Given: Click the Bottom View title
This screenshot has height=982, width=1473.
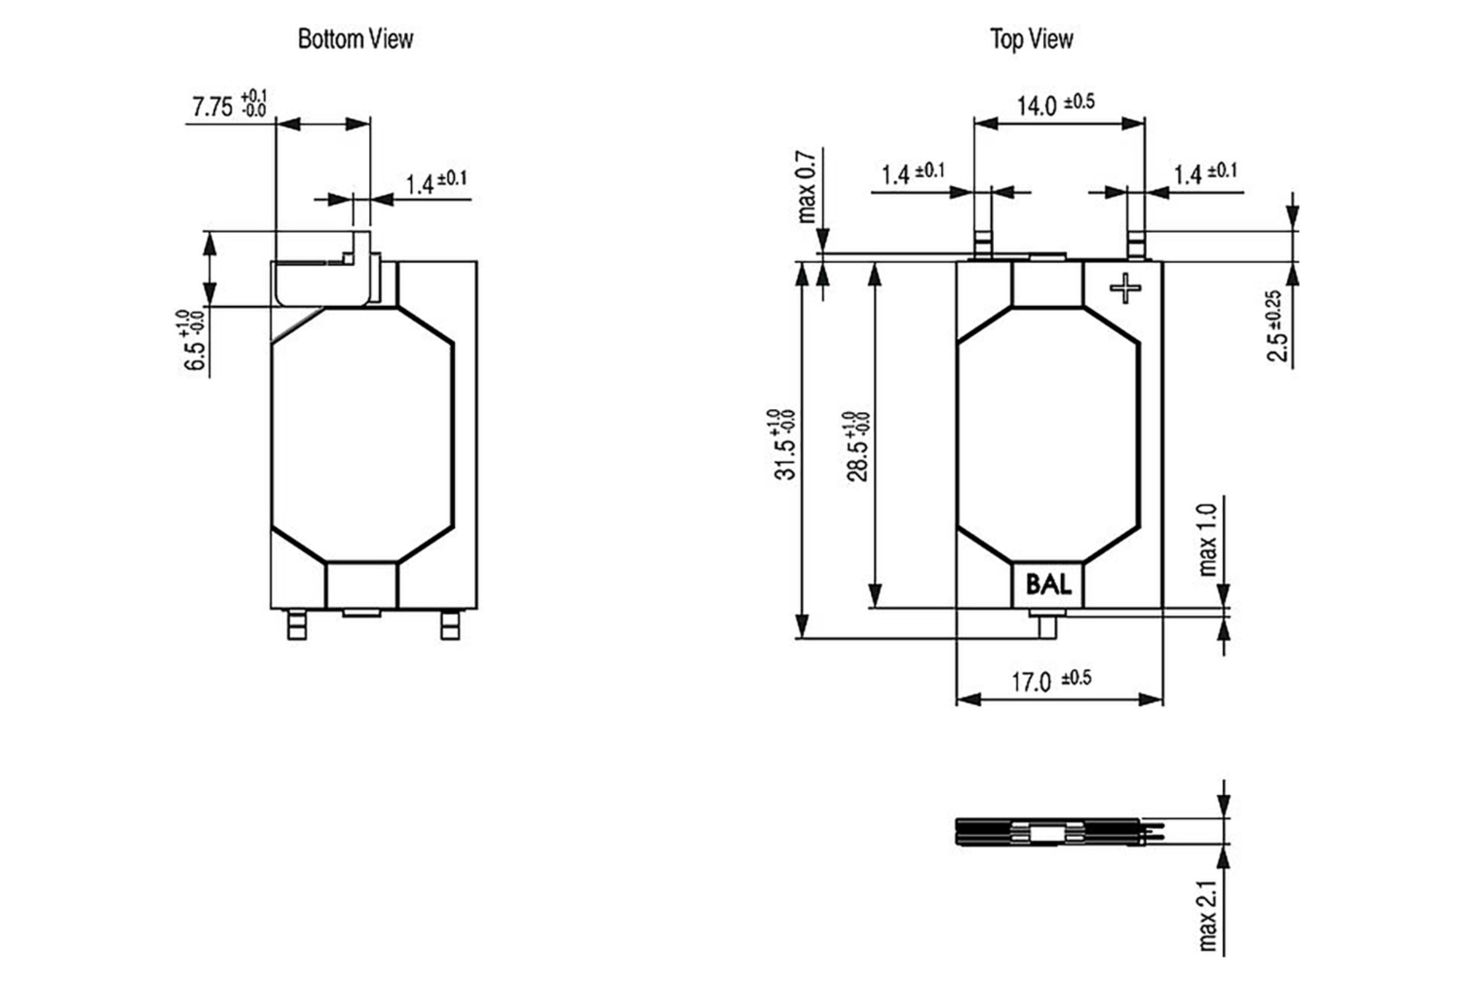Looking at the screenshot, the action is pyautogui.click(x=355, y=39).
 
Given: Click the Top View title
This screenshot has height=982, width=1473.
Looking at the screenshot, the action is pyautogui.click(x=1032, y=39).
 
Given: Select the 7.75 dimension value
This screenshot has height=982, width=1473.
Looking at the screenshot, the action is pyautogui.click(x=212, y=107).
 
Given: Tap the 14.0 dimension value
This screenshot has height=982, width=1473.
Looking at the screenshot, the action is pyautogui.click(x=1037, y=106).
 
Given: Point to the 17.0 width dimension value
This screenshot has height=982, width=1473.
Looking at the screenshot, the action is pyautogui.click(x=1032, y=682).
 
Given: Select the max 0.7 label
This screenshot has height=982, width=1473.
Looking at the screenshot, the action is pyautogui.click(x=806, y=187).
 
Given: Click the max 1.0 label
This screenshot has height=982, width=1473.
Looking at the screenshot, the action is pyautogui.click(x=1207, y=540).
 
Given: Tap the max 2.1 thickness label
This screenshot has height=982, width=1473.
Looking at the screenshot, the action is pyautogui.click(x=1207, y=916).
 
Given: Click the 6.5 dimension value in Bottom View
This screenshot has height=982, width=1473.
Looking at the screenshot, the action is pyautogui.click(x=195, y=356).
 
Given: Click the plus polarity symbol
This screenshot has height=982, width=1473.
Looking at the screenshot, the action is pyautogui.click(x=1125, y=288).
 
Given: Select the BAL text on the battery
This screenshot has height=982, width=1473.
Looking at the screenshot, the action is pyautogui.click(x=1048, y=585).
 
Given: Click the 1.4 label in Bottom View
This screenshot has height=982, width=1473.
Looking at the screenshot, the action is pyautogui.click(x=420, y=185).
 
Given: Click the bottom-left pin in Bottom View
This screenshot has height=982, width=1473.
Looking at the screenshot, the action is pyautogui.click(x=297, y=624).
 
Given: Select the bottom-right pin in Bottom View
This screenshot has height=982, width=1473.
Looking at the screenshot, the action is pyautogui.click(x=450, y=624).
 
